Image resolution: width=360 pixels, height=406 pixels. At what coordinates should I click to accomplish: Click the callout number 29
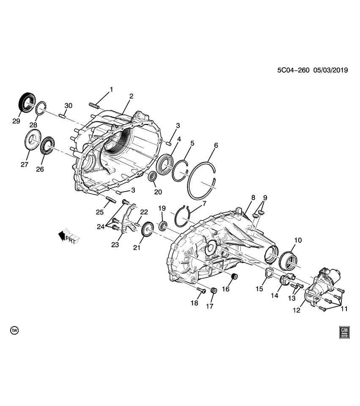(16, 121)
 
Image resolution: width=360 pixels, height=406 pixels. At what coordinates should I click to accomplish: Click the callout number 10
(298, 240)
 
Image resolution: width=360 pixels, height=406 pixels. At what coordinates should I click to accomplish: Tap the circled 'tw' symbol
(15, 330)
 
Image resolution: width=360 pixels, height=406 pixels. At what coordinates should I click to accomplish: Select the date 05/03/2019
(330, 71)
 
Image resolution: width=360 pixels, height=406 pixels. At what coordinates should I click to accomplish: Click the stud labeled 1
(94, 106)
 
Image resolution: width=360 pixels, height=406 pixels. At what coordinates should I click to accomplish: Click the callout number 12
(296, 310)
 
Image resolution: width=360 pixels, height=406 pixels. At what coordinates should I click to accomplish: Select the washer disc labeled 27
(32, 140)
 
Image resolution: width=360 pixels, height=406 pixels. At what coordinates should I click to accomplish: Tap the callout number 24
(100, 227)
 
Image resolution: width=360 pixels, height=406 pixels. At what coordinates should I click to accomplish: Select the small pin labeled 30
(64, 115)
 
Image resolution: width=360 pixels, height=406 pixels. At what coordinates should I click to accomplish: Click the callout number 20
(158, 192)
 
